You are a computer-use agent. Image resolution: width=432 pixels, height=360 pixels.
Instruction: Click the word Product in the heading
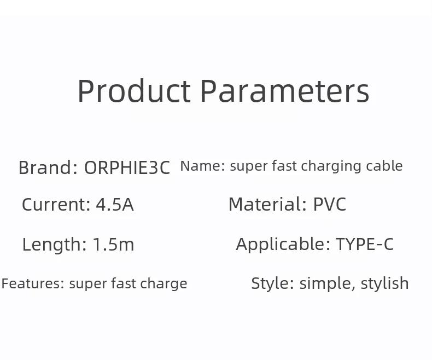134,91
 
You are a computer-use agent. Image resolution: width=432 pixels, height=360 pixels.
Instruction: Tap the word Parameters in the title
285,91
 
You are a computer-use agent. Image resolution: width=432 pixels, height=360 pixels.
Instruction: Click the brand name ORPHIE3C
127,167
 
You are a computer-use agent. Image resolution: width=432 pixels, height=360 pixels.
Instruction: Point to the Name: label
202,166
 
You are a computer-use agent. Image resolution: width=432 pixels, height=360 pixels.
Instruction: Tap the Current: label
56,204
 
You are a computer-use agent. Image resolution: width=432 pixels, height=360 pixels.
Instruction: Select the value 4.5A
115,204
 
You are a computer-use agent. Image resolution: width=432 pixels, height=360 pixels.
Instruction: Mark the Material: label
267,204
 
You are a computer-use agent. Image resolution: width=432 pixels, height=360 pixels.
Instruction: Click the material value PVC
330,204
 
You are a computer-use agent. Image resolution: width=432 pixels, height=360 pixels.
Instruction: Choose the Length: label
54,245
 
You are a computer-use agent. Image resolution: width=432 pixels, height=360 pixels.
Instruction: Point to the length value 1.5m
113,244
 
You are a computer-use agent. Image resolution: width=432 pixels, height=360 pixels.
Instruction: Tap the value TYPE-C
365,244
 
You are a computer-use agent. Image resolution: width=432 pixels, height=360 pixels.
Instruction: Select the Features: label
33,283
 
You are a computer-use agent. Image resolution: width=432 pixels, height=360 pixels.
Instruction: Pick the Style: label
272,283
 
